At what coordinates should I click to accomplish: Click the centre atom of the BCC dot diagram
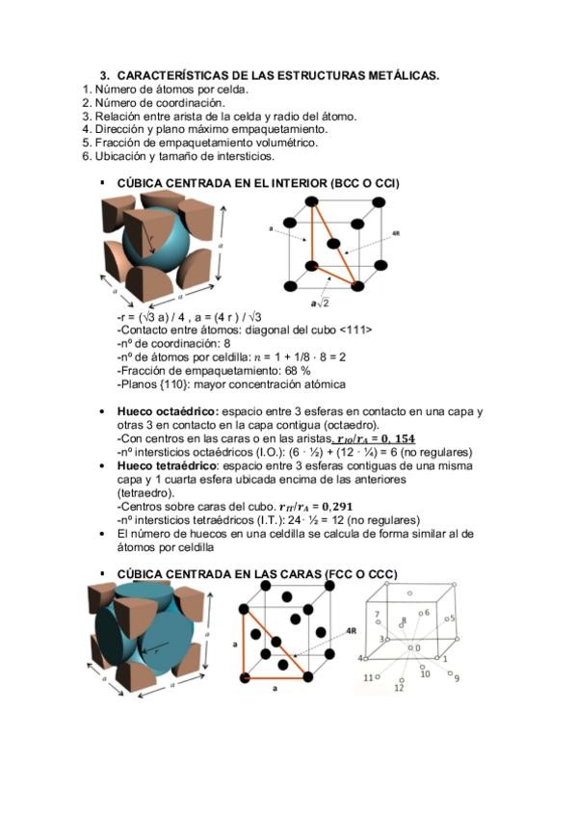[x=334, y=244]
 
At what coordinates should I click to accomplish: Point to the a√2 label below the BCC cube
[x=320, y=303]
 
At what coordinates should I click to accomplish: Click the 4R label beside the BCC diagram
[x=396, y=234]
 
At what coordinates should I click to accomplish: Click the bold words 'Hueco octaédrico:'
[x=168, y=411]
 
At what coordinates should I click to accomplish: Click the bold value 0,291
[x=337, y=507]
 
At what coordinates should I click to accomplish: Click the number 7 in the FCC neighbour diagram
[x=378, y=615]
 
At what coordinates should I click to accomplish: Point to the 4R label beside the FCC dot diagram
[x=352, y=631]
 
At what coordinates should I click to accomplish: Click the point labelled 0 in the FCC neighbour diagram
[x=411, y=647]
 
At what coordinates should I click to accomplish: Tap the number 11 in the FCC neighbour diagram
[x=368, y=678]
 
